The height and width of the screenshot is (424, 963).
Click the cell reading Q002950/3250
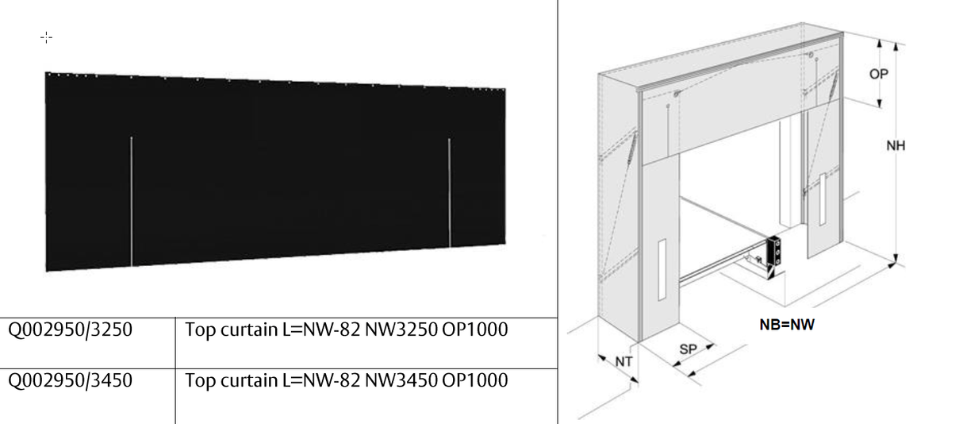(70, 330)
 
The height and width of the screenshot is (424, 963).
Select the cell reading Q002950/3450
(70, 381)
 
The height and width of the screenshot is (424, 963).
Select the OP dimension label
(878, 74)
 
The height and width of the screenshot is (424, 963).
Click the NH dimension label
(896, 146)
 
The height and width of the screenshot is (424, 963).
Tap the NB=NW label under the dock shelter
(786, 325)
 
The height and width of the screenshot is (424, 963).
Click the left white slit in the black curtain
(131, 202)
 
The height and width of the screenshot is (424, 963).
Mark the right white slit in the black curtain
(449, 193)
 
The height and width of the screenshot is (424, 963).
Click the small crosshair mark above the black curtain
(46, 37)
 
